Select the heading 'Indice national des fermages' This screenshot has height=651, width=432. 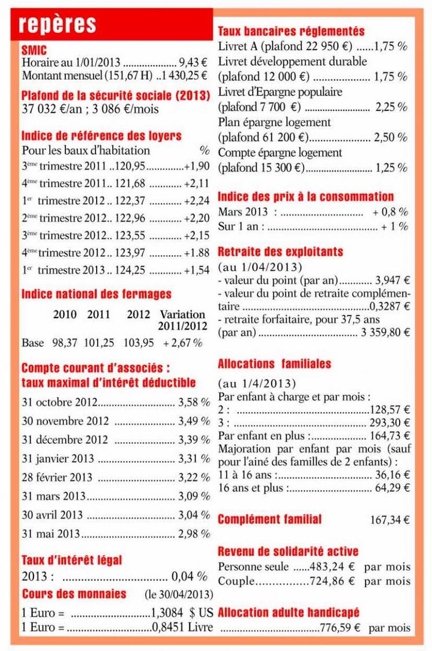pyautogui.click(x=96, y=294)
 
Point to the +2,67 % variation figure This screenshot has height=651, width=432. pyautogui.click(x=183, y=343)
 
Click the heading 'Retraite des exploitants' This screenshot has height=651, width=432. pyautogui.click(x=280, y=252)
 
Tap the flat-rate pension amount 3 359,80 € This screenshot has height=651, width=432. pyautogui.click(x=386, y=333)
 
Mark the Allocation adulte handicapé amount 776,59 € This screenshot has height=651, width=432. pyautogui.click(x=344, y=628)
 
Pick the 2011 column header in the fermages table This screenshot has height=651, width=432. pyautogui.click(x=99, y=315)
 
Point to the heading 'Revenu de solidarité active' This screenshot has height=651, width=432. pyautogui.click(x=288, y=551)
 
